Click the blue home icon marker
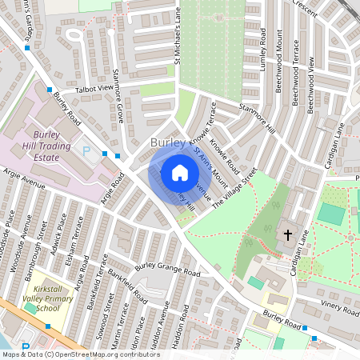coord(180,173)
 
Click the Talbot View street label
coord(95,88)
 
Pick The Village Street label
coord(234,189)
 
